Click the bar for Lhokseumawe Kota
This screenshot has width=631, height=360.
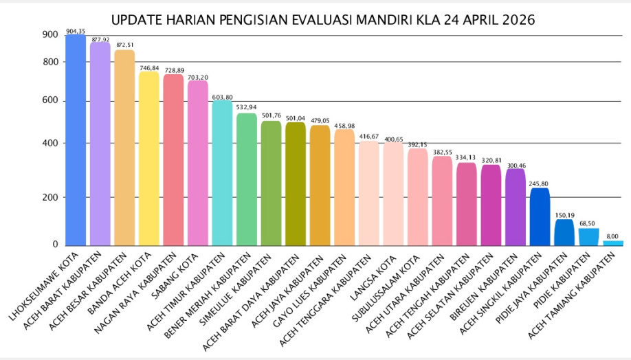tap(76, 141)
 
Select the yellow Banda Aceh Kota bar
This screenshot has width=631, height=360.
tap(149, 158)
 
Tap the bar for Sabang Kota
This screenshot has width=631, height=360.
tap(198, 163)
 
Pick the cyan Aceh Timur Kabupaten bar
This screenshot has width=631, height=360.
tap(222, 173)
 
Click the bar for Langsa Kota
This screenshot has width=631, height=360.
tap(393, 194)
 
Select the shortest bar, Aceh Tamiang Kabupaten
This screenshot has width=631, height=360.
tap(613, 243)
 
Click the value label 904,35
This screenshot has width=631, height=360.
tap(76, 31)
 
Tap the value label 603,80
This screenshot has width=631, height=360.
tap(222, 97)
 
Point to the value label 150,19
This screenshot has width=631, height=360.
tap(564, 215)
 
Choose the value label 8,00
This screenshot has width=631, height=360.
tap(613, 236)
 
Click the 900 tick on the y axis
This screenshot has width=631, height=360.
tap(49, 35)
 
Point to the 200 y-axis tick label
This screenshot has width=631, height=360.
tap(49, 197)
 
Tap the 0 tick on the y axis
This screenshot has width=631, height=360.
tap(55, 245)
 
